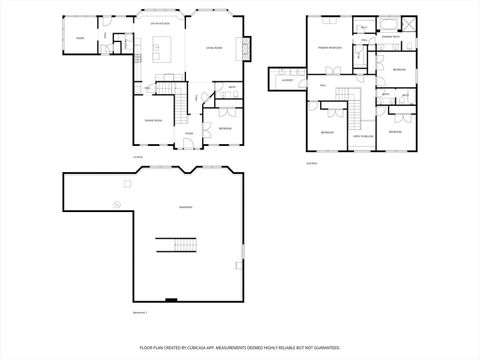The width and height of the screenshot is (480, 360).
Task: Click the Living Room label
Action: pos(214,47)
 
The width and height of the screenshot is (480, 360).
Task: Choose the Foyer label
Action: pos(188,133)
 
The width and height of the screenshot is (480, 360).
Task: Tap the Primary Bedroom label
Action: pos(331,47)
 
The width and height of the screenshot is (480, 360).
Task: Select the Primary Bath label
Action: pos(391,37)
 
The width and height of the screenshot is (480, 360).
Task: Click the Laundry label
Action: pos(286,81)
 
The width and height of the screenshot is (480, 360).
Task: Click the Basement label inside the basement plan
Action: pos(186,207)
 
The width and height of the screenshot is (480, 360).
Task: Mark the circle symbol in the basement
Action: pos(116,204)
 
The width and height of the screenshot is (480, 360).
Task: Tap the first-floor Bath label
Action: pos(231,88)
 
